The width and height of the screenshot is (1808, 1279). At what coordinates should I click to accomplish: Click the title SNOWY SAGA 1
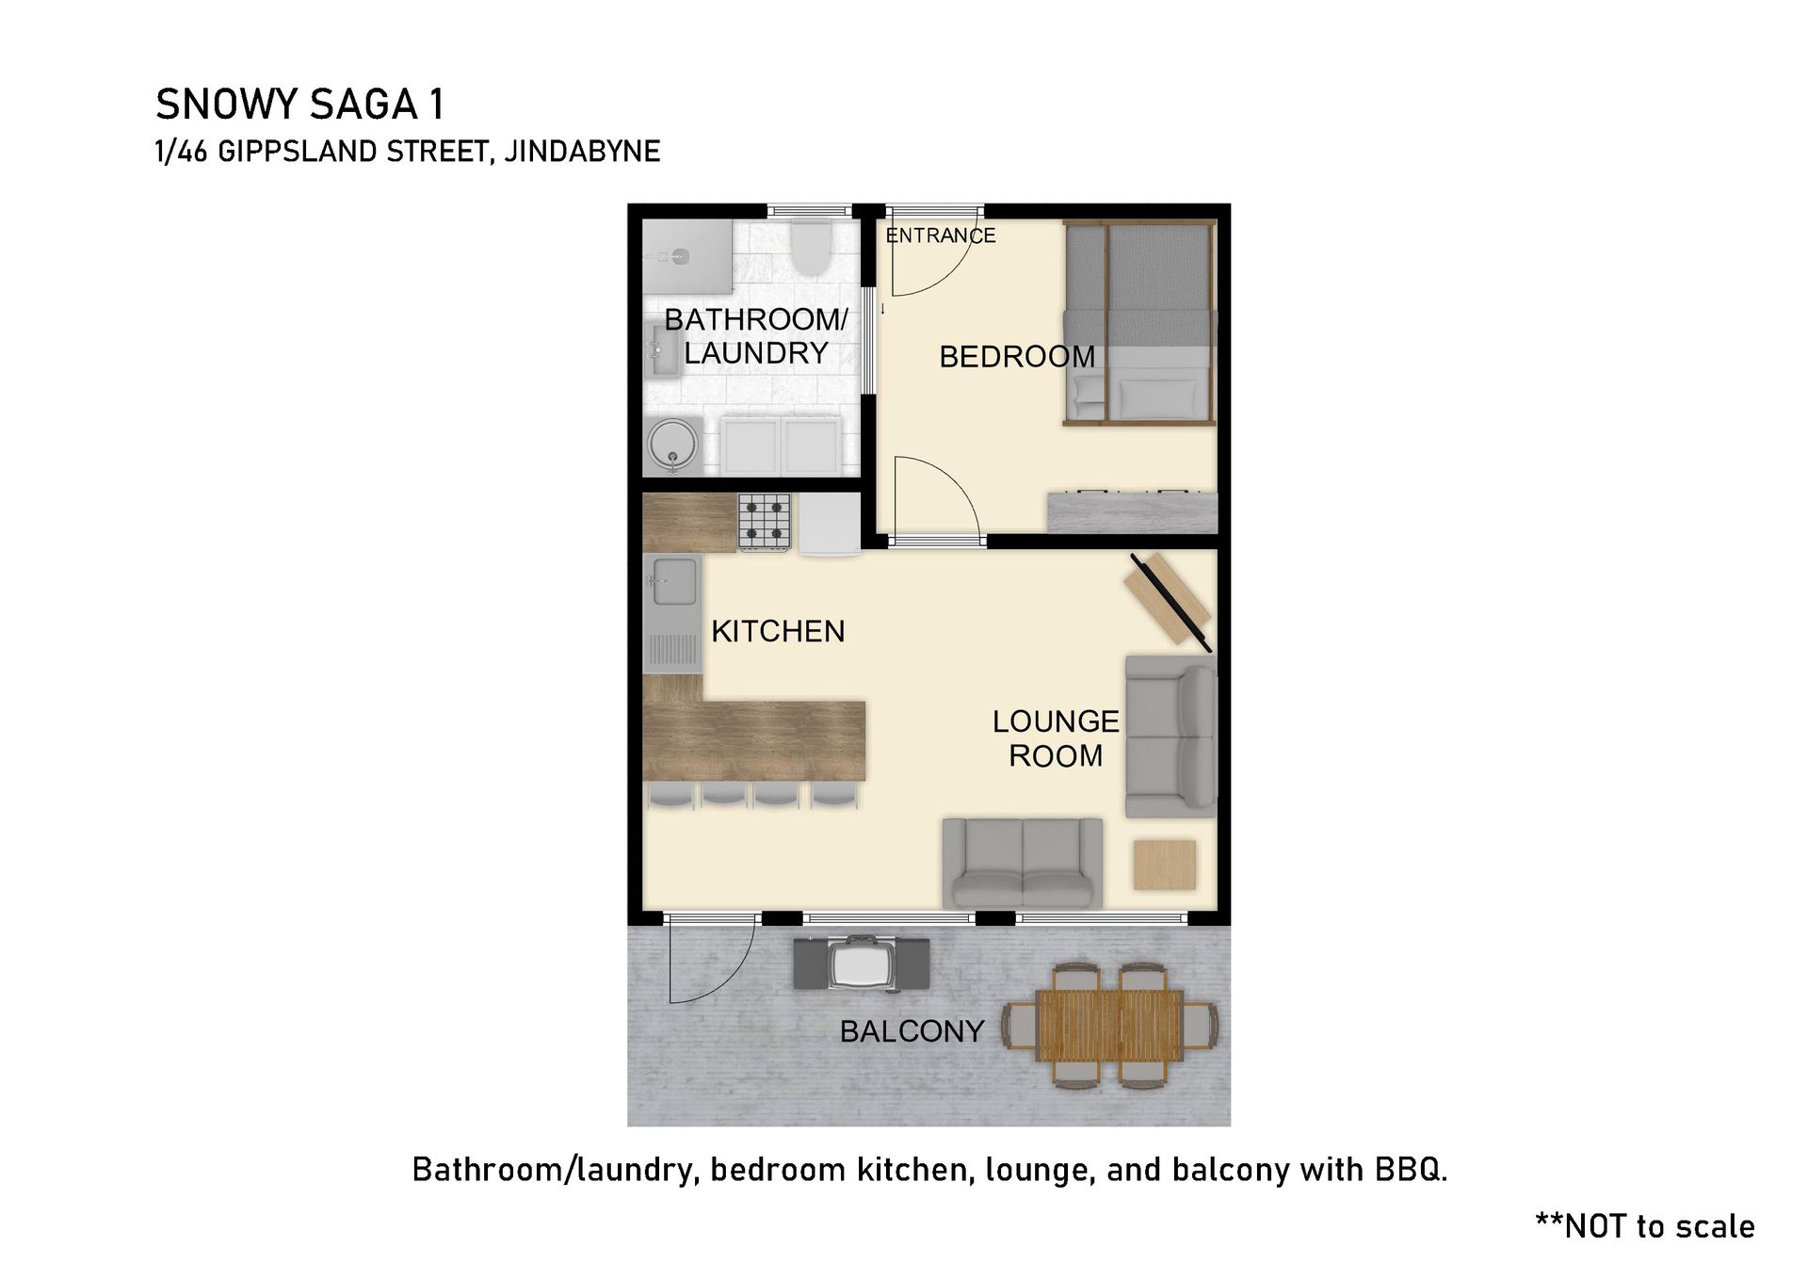(x=299, y=104)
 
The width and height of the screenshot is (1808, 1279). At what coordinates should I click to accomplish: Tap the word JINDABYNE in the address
(x=582, y=151)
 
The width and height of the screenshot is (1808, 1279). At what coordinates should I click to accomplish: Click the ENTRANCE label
(x=941, y=235)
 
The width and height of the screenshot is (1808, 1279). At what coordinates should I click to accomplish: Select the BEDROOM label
(x=1017, y=357)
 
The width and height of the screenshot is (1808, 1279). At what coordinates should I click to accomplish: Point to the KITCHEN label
(x=778, y=631)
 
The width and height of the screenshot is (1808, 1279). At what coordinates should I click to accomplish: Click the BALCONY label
(x=912, y=1031)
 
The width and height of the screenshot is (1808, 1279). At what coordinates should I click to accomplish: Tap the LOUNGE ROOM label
(x=1056, y=738)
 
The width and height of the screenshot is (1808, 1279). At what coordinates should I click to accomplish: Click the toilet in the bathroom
(x=810, y=247)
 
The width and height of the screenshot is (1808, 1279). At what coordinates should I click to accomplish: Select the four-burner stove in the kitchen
(x=764, y=522)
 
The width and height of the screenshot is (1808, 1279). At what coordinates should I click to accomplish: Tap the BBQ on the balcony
(x=861, y=963)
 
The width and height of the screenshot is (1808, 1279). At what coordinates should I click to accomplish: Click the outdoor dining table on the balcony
(x=1109, y=1025)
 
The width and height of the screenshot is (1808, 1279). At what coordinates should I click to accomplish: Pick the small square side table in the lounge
(x=1165, y=865)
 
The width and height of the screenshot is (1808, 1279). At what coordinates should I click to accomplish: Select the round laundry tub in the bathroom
(x=672, y=445)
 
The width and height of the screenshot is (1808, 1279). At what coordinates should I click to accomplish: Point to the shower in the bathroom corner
(x=687, y=256)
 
